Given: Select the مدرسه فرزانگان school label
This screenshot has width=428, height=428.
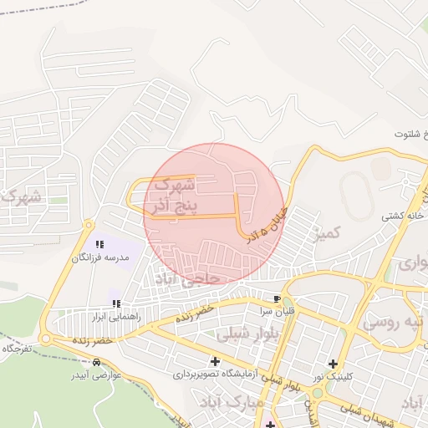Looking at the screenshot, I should pos(100,258).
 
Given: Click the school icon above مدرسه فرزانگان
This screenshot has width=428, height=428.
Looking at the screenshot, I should pos(99,245).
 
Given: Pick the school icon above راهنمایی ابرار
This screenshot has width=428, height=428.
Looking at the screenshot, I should pos(116,303).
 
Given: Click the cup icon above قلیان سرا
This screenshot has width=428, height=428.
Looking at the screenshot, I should pos(277,298).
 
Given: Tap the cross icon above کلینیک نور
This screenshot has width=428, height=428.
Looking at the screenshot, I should pos(333,364).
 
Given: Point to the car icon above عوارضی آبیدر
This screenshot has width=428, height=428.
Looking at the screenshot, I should pos(98,363).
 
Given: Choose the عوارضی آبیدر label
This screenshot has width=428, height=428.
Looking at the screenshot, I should pos(95,375).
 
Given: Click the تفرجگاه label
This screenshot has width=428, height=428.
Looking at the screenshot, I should pos(16,347).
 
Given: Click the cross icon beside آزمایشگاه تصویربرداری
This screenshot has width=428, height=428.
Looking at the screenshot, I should pos(216,362).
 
